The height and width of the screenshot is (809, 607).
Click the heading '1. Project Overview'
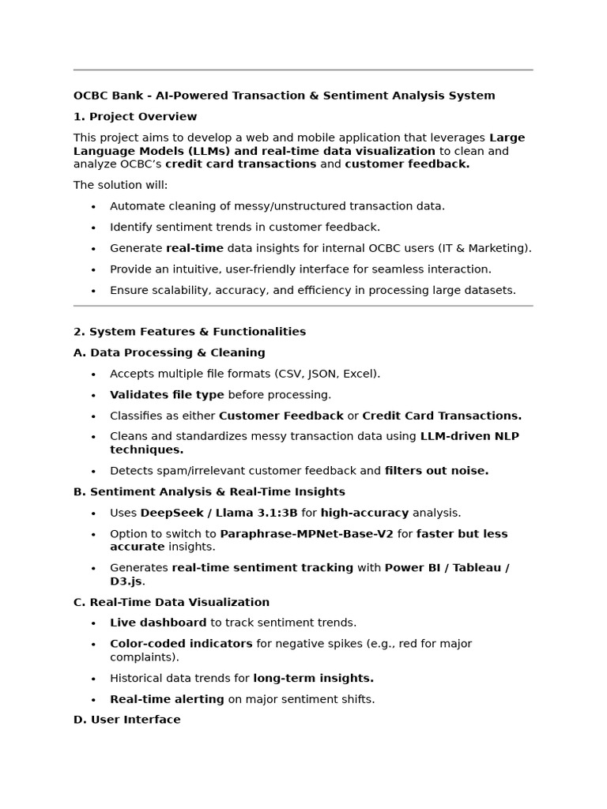135,117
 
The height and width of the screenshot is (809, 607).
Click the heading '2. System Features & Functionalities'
190,332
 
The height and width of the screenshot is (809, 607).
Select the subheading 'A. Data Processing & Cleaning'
169,353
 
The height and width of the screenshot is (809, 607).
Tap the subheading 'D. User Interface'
126,720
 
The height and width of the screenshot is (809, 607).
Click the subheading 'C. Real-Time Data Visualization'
172,602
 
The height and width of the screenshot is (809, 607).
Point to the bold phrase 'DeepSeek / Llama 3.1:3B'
219,513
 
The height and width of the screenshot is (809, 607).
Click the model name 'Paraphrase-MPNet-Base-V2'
307,534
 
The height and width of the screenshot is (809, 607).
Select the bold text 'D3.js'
126,581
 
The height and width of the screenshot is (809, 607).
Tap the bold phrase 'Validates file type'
167,395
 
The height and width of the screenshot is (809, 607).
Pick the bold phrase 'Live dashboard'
158,623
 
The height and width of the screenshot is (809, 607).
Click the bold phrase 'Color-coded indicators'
181,644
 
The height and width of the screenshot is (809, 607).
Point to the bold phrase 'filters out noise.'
436,471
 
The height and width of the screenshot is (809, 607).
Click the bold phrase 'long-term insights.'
313,678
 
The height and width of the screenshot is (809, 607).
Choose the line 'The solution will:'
120,186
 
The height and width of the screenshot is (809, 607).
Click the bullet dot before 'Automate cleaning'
93,207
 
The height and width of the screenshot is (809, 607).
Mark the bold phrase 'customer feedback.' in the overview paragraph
407,164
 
